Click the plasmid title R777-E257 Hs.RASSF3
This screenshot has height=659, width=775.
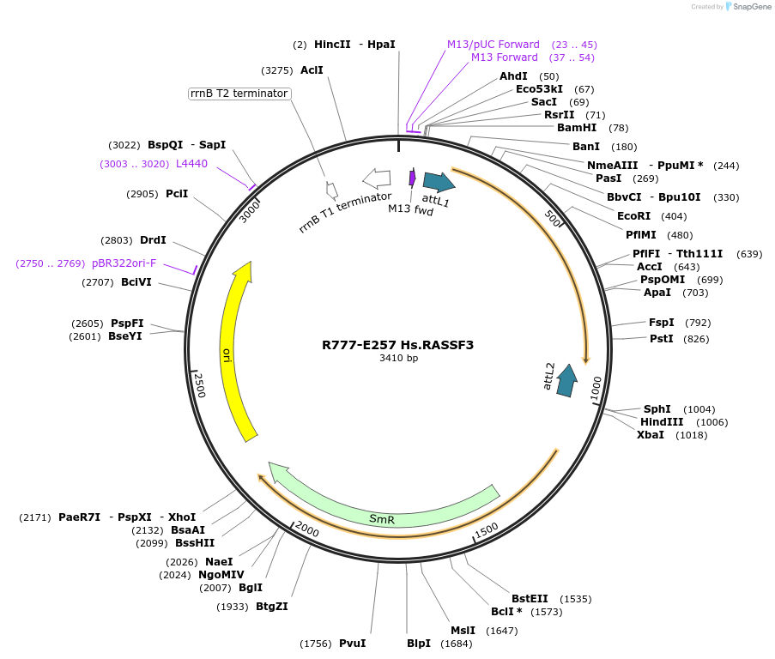(x=397, y=345)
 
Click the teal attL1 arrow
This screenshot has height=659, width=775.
(x=439, y=181)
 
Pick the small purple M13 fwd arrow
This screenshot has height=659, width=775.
(x=413, y=178)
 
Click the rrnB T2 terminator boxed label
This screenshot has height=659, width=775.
(x=239, y=94)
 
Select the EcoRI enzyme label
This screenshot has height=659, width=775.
(x=633, y=216)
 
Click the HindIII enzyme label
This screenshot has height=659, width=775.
(x=662, y=421)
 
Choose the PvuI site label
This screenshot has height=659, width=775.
(x=352, y=644)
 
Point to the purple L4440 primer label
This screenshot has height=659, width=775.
(x=191, y=164)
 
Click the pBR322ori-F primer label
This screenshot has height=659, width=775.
(x=124, y=263)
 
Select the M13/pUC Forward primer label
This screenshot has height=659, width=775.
(x=493, y=45)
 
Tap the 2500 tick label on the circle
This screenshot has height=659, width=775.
(x=200, y=384)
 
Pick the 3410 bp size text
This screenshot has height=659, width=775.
(x=398, y=359)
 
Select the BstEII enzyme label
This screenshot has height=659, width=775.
(x=530, y=599)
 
